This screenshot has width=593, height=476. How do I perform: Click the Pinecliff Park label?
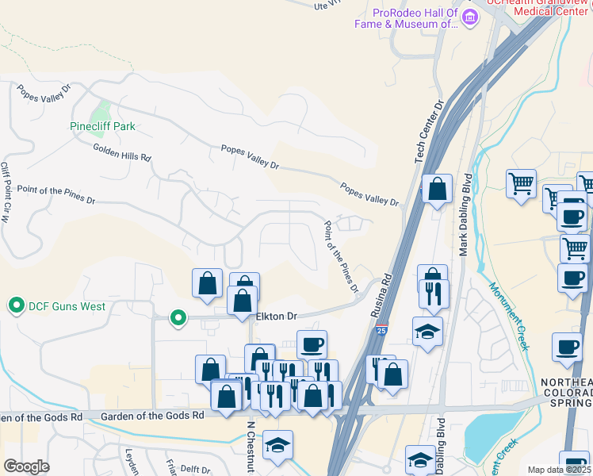tap(102, 126)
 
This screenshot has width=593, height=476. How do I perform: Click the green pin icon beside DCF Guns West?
tap(15, 305)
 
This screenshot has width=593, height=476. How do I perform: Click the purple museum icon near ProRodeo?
tap(471, 17)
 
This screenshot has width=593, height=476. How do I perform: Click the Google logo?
tap(27, 466)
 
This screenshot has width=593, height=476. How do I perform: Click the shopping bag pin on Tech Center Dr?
tap(437, 190)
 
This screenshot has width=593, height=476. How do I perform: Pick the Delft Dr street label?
tap(195, 470)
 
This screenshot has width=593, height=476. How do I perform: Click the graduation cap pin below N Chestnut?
tap(277, 445)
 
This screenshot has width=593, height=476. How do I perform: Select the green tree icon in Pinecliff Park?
tap(101, 109)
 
